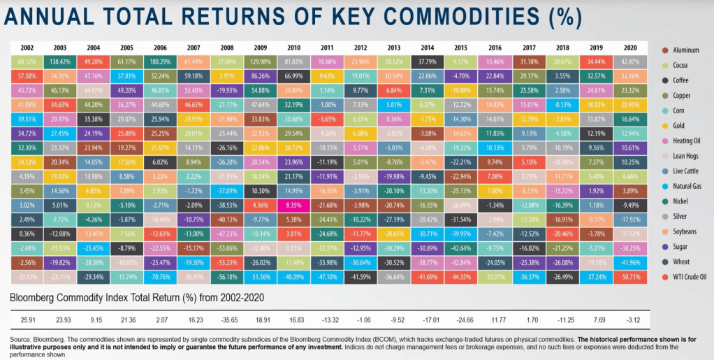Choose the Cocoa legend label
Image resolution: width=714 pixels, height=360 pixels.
click(682, 65)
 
